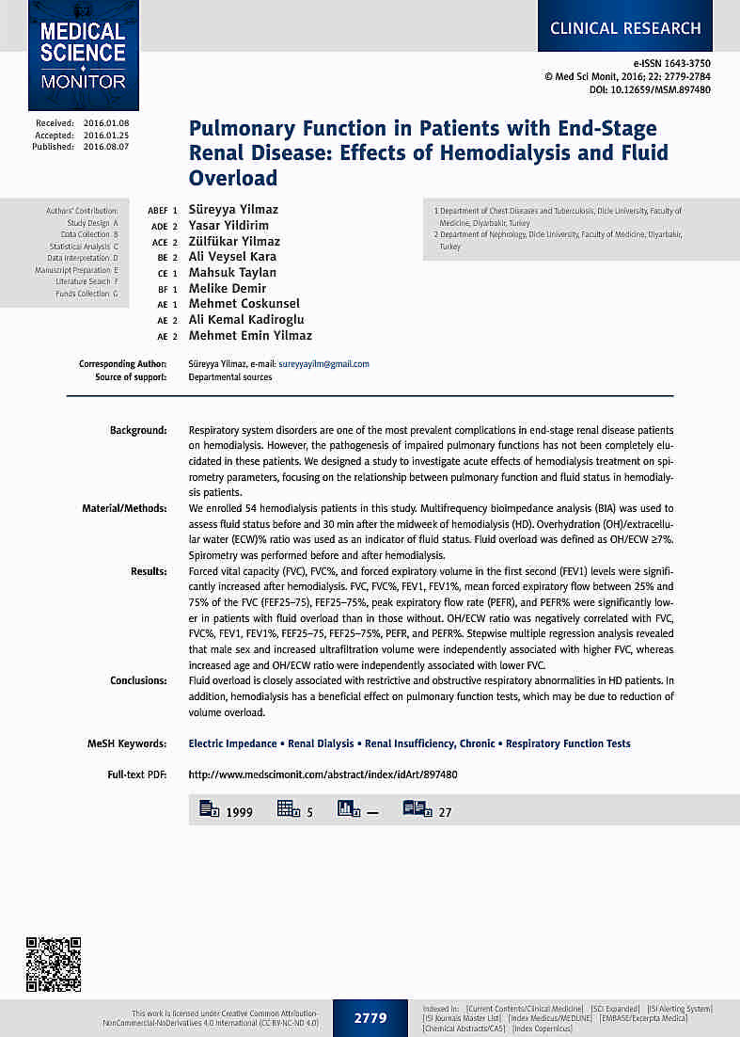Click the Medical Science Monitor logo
(x=83, y=55)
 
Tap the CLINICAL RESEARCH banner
(x=625, y=27)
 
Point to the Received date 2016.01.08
(x=106, y=123)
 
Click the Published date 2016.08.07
(x=106, y=147)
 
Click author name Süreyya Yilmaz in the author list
(x=233, y=210)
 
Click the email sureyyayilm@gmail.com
(x=323, y=363)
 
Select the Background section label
(x=138, y=430)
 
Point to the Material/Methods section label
(x=124, y=508)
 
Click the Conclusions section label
(x=138, y=680)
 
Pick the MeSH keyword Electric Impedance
(x=232, y=743)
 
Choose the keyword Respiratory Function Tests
(x=568, y=743)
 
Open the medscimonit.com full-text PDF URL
(x=323, y=774)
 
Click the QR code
(x=53, y=965)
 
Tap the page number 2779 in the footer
(x=370, y=1017)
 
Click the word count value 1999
(x=239, y=812)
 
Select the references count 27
(x=446, y=812)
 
